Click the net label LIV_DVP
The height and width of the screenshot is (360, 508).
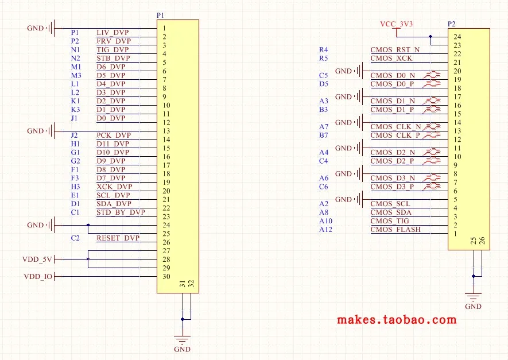tap(113, 32)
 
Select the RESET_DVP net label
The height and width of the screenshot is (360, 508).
tap(118, 238)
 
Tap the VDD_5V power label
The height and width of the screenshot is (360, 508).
tap(37, 259)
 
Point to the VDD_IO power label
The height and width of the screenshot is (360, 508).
tap(38, 276)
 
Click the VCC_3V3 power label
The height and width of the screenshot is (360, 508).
tap(396, 24)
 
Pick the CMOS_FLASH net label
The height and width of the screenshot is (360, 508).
tap(395, 230)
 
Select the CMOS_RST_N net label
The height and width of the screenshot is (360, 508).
tap(395, 49)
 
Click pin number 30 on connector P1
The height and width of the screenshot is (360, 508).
tap(166, 276)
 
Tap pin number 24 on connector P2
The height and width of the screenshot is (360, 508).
tap(457, 37)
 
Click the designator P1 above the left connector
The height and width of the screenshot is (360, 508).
tap(160, 16)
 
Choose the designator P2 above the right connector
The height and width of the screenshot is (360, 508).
tap(451, 24)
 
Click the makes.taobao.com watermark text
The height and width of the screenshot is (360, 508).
tap(397, 320)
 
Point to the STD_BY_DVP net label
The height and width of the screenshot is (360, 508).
tap(121, 212)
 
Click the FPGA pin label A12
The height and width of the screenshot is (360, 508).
tap(325, 230)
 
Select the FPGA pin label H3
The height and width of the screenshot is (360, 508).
tap(76, 187)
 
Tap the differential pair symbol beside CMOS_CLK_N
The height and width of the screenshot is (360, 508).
tap(432, 126)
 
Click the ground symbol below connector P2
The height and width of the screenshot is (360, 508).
tap(474, 297)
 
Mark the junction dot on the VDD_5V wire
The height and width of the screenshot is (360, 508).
tap(88, 259)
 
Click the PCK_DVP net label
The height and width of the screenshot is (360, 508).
tap(114, 135)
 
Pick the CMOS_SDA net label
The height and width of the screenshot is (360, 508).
tap(391, 212)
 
